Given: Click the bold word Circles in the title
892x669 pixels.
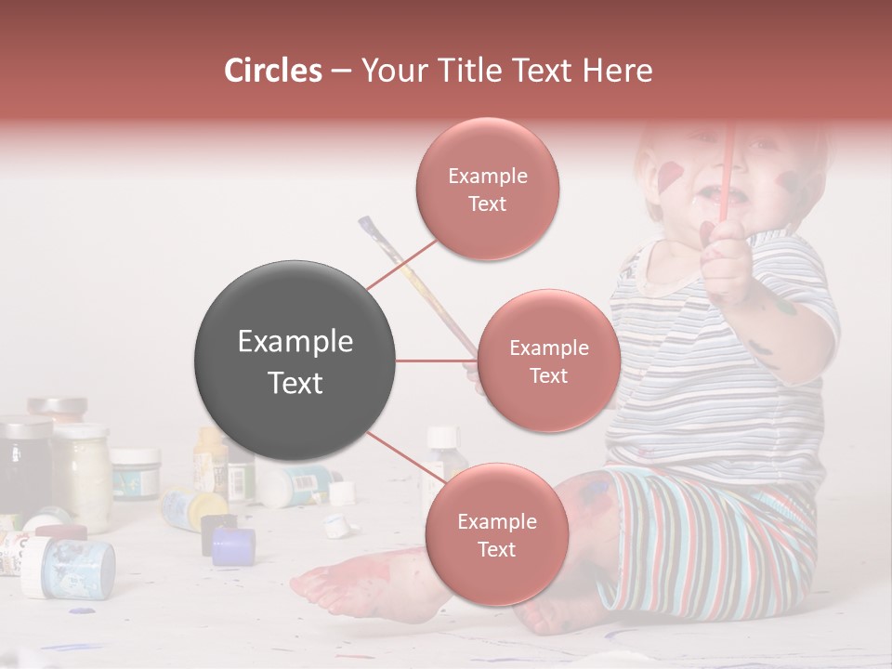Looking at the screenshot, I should pos(272,71).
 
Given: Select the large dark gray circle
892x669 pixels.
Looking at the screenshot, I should pos(295,361).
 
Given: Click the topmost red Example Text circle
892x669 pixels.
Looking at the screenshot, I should pos(487,190).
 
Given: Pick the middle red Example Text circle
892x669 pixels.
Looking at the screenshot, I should pos(548,361).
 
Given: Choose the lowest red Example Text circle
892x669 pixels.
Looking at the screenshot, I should pos(495,534).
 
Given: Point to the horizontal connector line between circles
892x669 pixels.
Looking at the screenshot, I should pos(436,361).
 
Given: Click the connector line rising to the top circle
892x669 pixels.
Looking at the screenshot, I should pos(401,265).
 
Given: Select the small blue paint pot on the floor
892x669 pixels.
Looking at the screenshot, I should pos(232,546).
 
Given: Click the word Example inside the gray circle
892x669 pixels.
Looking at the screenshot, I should pos(295,342).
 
